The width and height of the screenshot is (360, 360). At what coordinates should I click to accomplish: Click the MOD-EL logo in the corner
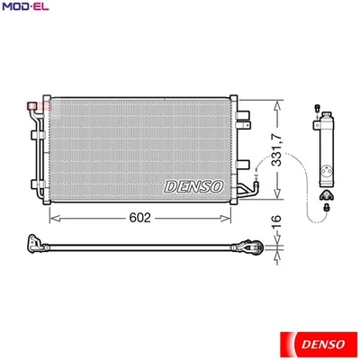24,8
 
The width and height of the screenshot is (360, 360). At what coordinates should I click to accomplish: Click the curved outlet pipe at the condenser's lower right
247,189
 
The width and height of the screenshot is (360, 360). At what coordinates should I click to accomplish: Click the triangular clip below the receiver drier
328,192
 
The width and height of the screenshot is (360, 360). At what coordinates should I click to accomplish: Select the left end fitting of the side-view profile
35,242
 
